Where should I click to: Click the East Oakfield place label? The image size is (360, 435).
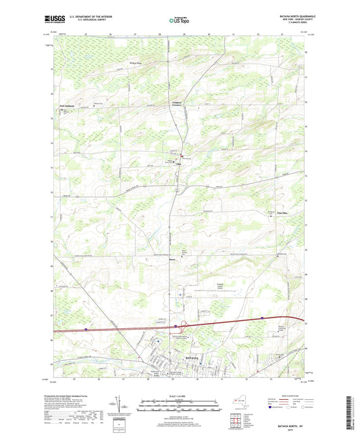coord(64,107)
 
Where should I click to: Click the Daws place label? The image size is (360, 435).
coord(163,258)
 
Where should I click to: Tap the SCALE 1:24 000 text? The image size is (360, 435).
coord(179,395)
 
